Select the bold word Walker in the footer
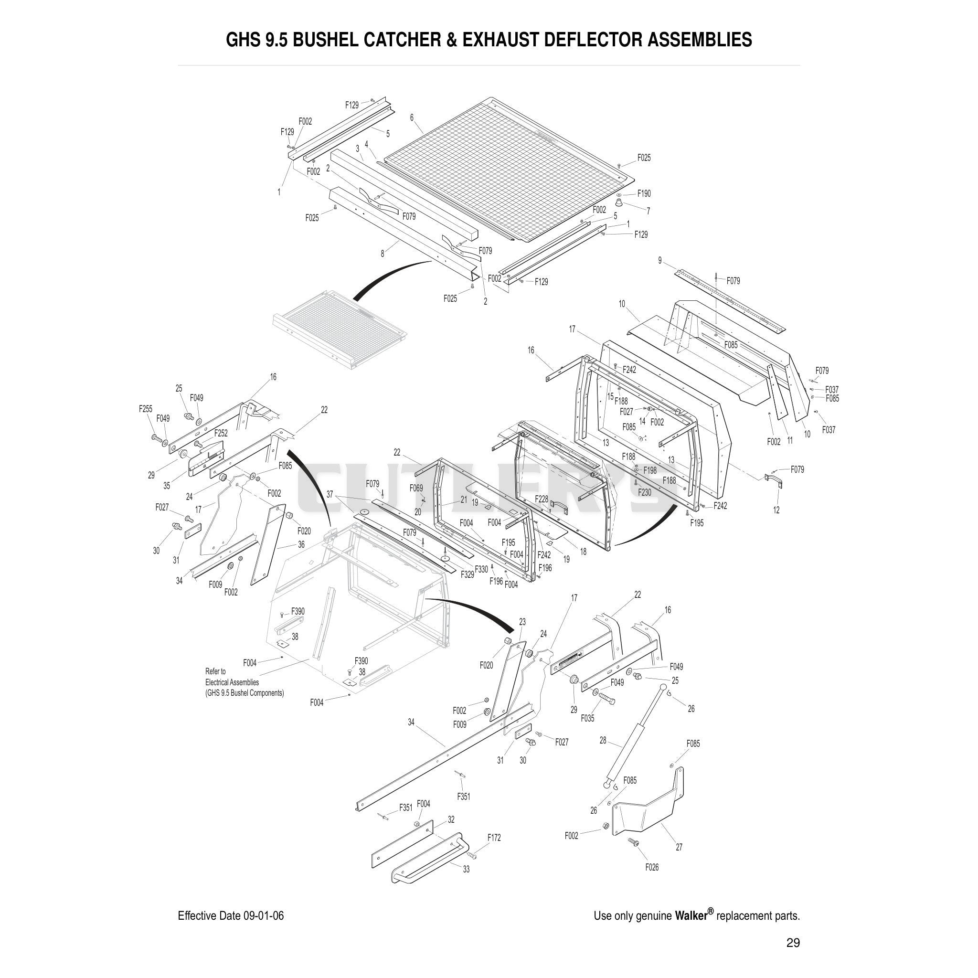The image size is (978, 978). pyautogui.click(x=691, y=915)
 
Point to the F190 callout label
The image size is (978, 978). pyautogui.click(x=644, y=193)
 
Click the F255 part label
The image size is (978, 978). pyautogui.click(x=146, y=408)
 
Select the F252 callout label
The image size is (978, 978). pyautogui.click(x=221, y=433)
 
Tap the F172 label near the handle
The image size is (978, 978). pyautogui.click(x=494, y=838)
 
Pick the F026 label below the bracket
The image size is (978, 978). pyautogui.click(x=652, y=867)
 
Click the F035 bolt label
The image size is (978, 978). pyautogui.click(x=588, y=718)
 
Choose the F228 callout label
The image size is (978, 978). pyautogui.click(x=542, y=499)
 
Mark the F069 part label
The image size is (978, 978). pyautogui.click(x=416, y=488)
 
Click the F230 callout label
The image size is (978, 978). pyautogui.click(x=644, y=492)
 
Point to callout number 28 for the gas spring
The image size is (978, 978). pyautogui.click(x=603, y=741)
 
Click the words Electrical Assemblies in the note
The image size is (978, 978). pyautogui.click(x=232, y=682)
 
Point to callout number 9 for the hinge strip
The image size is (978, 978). pyautogui.click(x=659, y=260)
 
